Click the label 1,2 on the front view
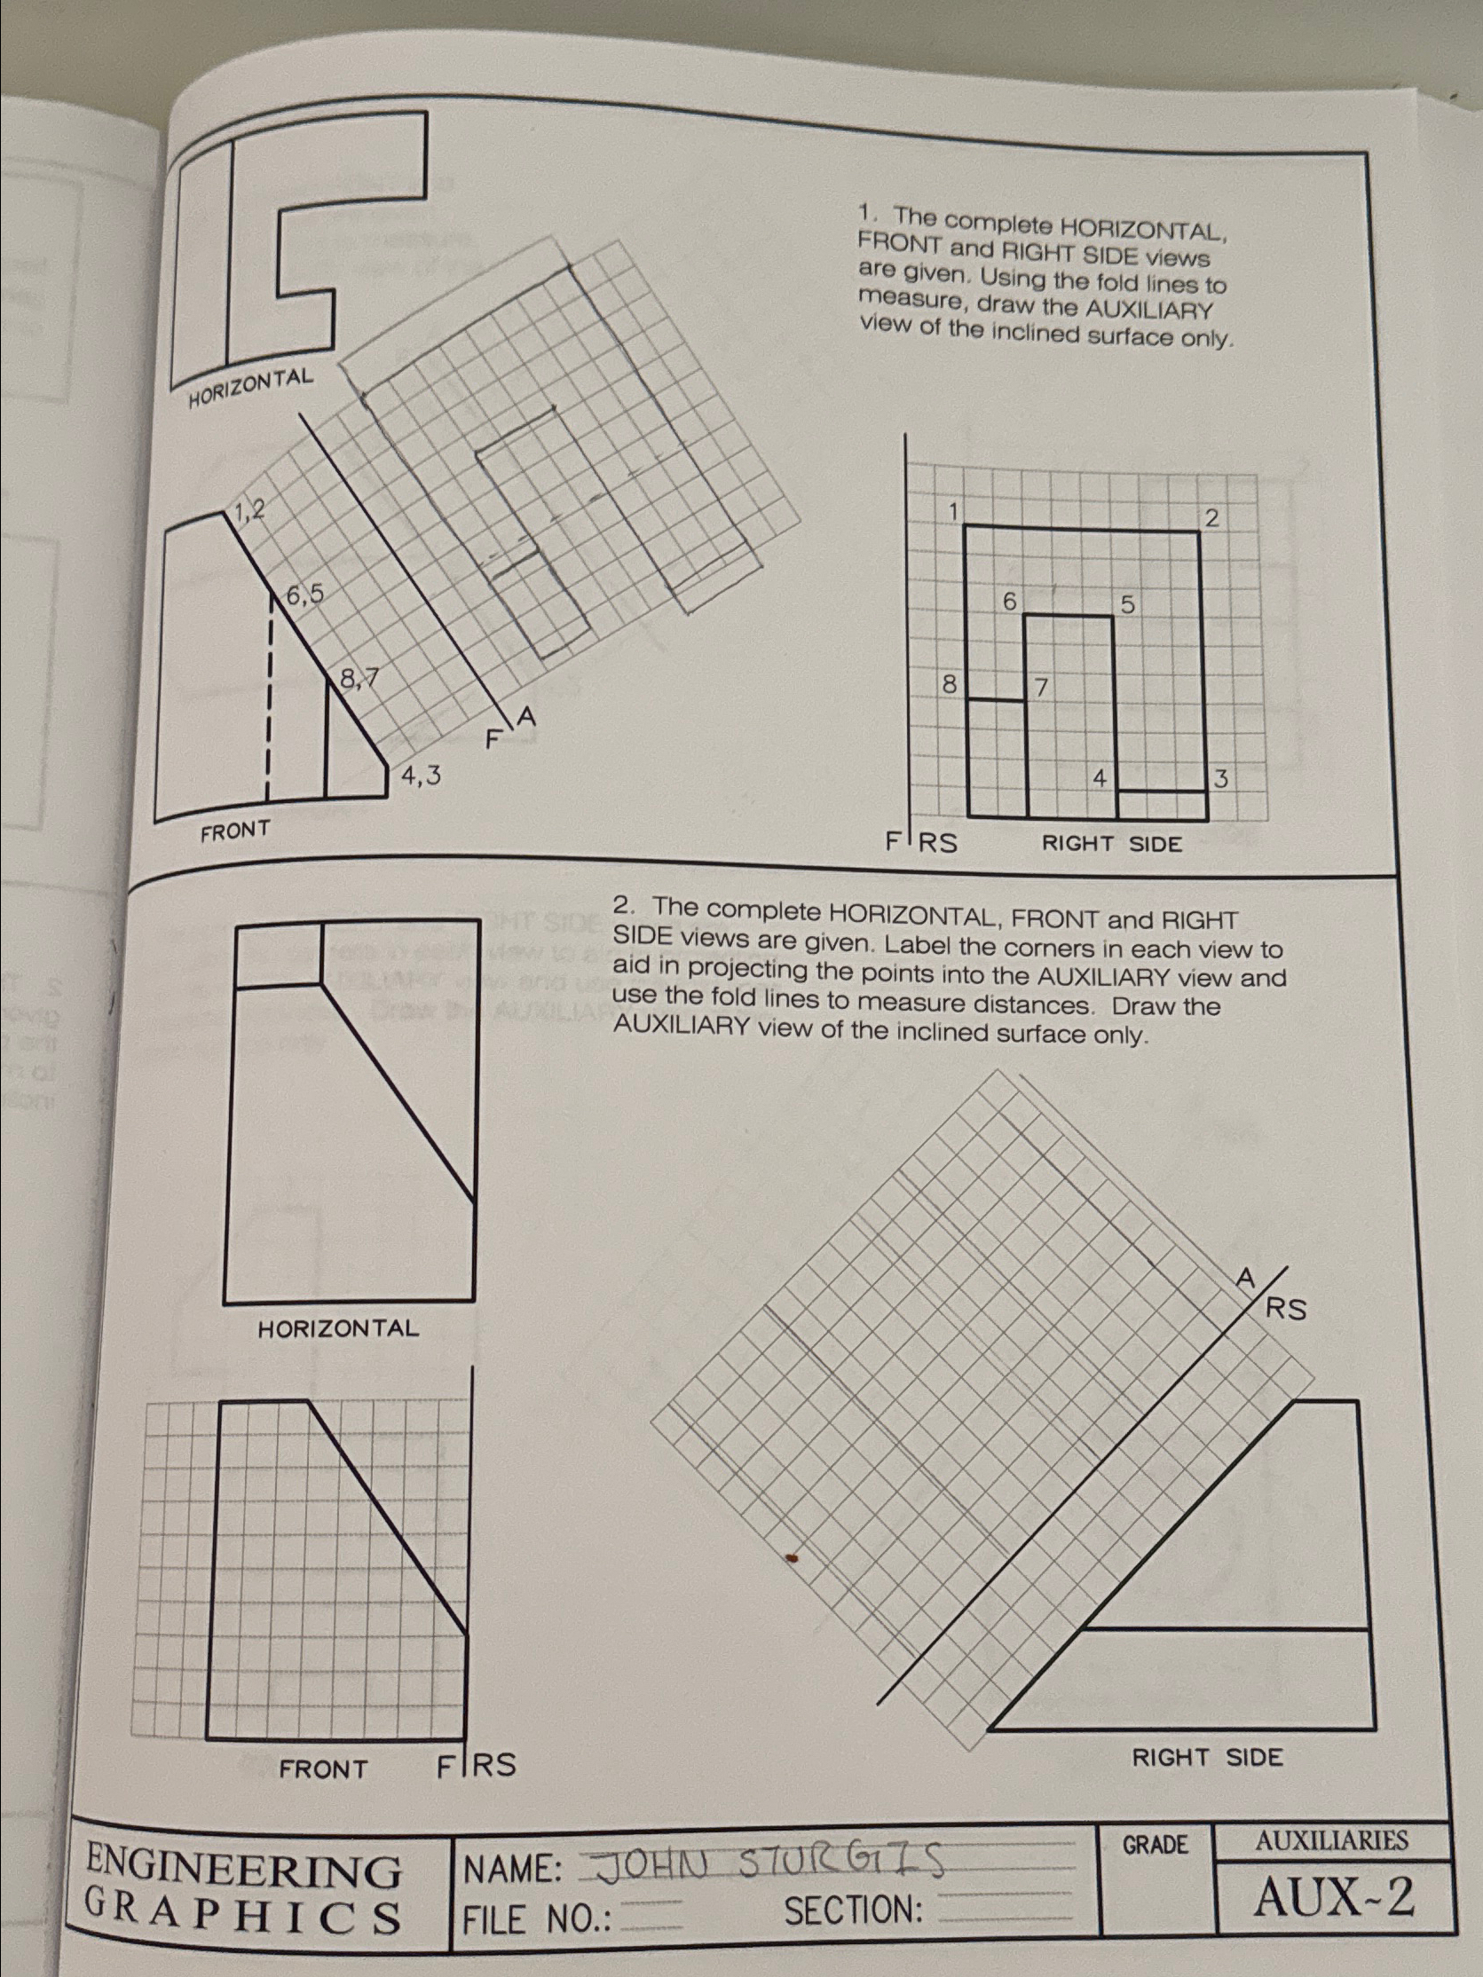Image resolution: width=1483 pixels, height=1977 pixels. click(248, 510)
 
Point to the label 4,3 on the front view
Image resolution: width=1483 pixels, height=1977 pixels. click(420, 776)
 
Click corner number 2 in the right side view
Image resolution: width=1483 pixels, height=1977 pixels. click(1212, 517)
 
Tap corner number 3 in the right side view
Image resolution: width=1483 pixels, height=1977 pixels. click(1222, 779)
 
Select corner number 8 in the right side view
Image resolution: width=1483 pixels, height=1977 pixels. click(949, 686)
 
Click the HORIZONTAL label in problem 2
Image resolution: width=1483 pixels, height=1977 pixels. click(338, 1328)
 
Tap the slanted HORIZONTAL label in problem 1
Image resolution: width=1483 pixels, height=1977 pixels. click(251, 387)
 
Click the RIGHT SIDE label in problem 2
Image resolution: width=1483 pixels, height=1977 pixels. click(1207, 1757)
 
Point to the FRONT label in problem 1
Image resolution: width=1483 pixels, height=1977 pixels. click(234, 832)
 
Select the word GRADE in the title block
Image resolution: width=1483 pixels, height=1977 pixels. click(1155, 1845)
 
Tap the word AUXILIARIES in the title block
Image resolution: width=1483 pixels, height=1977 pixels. click(1331, 1840)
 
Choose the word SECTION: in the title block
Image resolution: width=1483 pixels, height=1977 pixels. click(854, 1910)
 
